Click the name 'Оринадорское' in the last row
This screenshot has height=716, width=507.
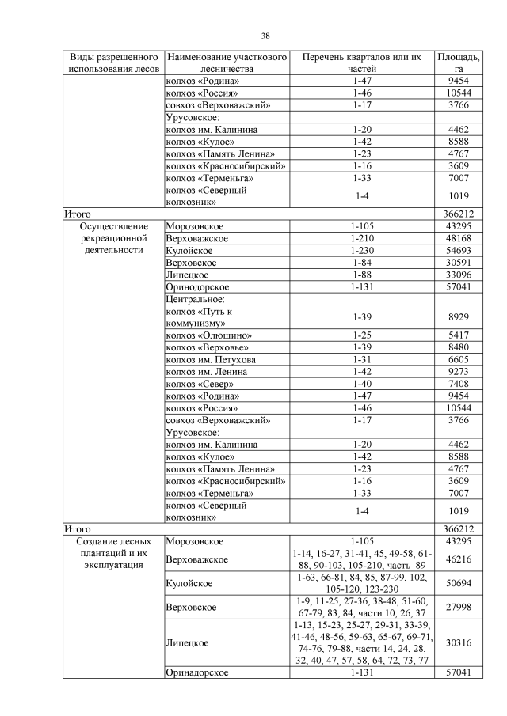[197, 672]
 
